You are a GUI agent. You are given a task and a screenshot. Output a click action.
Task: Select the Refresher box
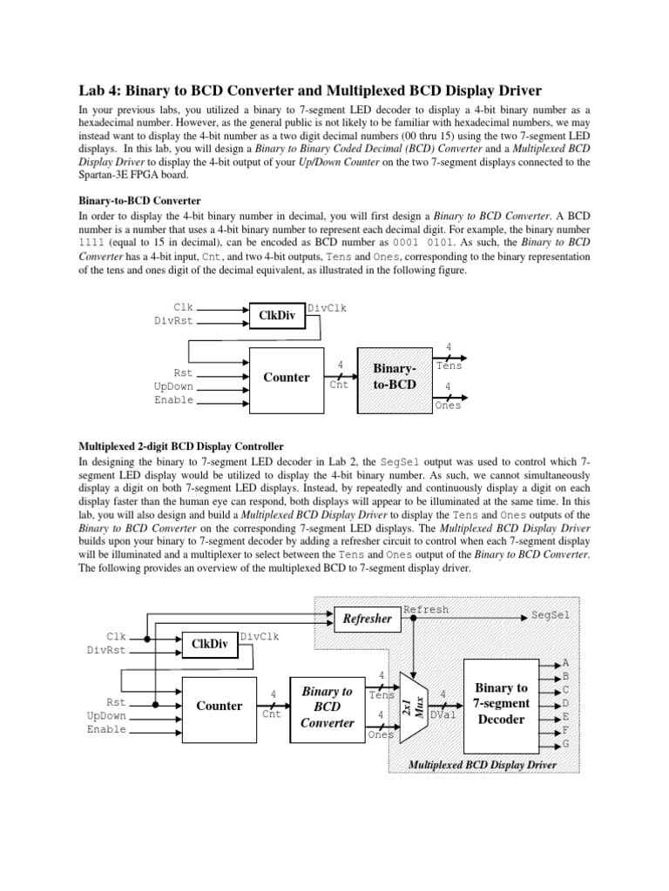click(x=367, y=619)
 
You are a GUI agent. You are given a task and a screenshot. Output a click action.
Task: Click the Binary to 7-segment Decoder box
click(x=502, y=705)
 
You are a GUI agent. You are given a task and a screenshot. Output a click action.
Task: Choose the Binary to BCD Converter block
click(x=328, y=706)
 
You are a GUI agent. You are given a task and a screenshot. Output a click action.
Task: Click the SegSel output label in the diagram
click(x=551, y=614)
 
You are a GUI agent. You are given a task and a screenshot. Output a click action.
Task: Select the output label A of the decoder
click(x=566, y=662)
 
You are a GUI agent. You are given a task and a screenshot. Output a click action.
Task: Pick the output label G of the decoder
click(x=566, y=745)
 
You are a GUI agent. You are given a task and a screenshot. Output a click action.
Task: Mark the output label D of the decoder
click(x=566, y=703)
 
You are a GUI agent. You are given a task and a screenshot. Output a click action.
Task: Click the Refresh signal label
click(x=426, y=610)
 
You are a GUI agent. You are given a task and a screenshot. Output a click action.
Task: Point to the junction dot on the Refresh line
click(x=413, y=619)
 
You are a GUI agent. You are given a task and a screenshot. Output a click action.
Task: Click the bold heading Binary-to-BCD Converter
click(x=139, y=199)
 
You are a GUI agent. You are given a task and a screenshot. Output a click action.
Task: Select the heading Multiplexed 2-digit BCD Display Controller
click(x=186, y=445)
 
